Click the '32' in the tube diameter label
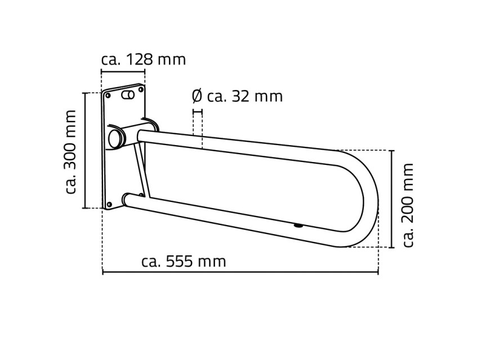[x=241, y=97]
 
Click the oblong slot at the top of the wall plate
[x=128, y=94]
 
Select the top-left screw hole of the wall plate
[x=109, y=95]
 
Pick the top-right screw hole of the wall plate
[x=141, y=90]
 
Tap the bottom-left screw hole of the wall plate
[x=109, y=204]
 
